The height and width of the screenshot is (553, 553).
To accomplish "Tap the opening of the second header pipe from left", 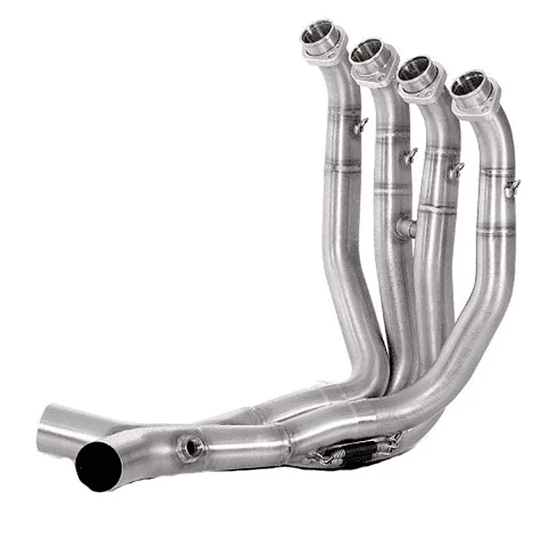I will click(366, 50).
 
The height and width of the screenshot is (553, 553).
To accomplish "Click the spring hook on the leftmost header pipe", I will click(360, 126).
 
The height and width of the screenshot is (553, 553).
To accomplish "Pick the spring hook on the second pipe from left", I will click(411, 155).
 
